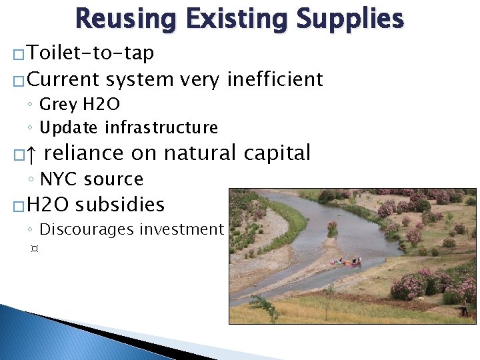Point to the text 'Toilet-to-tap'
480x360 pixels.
coord(91,53)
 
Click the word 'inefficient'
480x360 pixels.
coord(275,79)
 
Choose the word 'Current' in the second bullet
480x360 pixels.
coord(64,79)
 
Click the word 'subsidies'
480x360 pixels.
coord(120,204)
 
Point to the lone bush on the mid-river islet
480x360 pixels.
coord(332,227)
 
